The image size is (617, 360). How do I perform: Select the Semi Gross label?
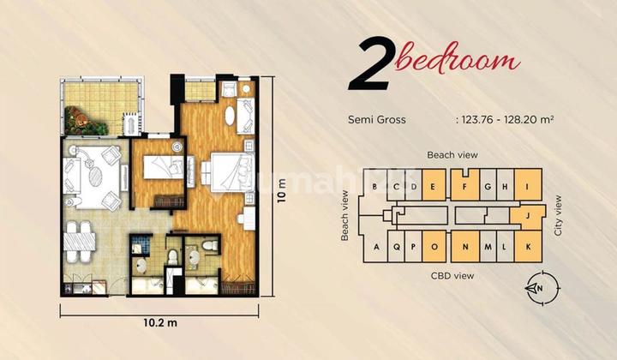(377, 121)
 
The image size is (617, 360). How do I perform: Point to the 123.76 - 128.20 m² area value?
(505, 121)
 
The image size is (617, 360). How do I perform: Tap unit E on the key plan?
(434, 187)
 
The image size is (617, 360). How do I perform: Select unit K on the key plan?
(528, 247)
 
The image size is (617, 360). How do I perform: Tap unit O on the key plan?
(435, 247)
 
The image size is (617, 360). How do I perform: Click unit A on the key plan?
(376, 247)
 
